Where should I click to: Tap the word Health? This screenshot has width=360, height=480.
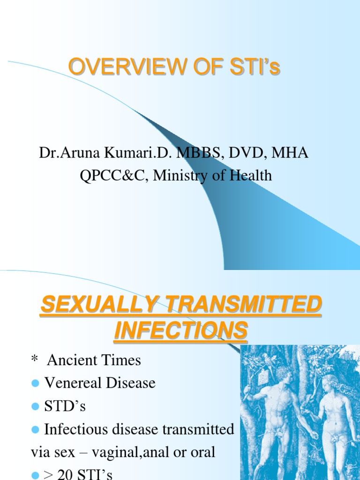251,175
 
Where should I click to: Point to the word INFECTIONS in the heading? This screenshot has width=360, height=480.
180,330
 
